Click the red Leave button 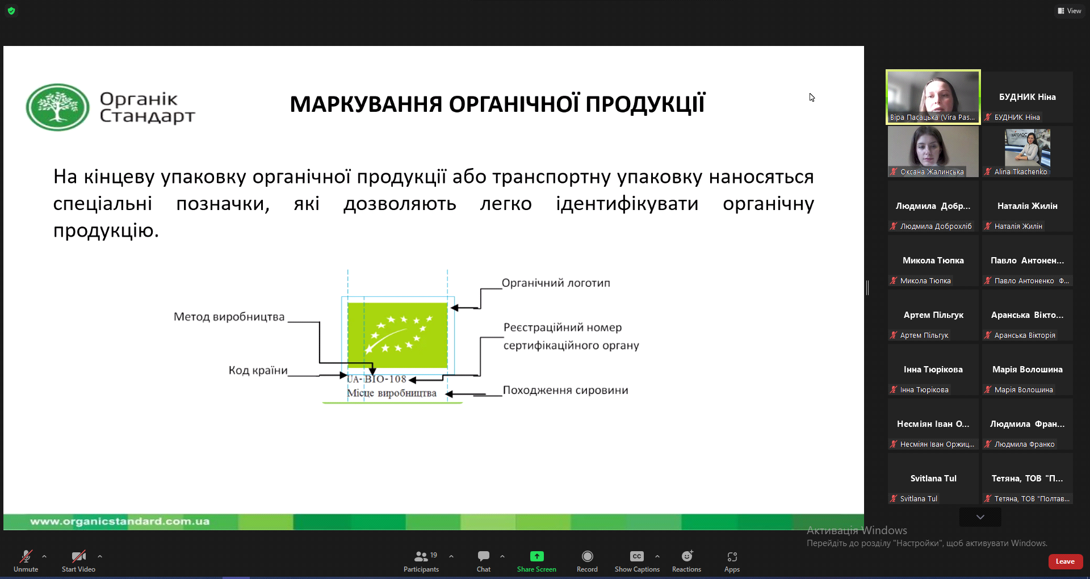(x=1065, y=561)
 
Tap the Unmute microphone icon (x=26, y=556)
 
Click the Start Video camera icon (x=79, y=556)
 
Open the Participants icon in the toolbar (x=421, y=556)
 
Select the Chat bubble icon (x=484, y=556)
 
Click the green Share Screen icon (x=536, y=556)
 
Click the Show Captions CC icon (x=637, y=556)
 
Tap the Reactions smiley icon (x=687, y=556)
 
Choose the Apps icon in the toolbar (x=732, y=556)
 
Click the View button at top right (x=1069, y=11)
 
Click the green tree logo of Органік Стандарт (x=57, y=107)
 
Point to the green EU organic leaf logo (x=397, y=335)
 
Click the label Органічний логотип (x=556, y=283)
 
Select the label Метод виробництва (x=229, y=317)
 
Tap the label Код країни (x=258, y=370)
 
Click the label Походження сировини (x=565, y=390)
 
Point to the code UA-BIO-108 (x=376, y=379)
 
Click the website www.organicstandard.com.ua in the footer (x=120, y=521)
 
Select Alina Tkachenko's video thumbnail (x=1027, y=152)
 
